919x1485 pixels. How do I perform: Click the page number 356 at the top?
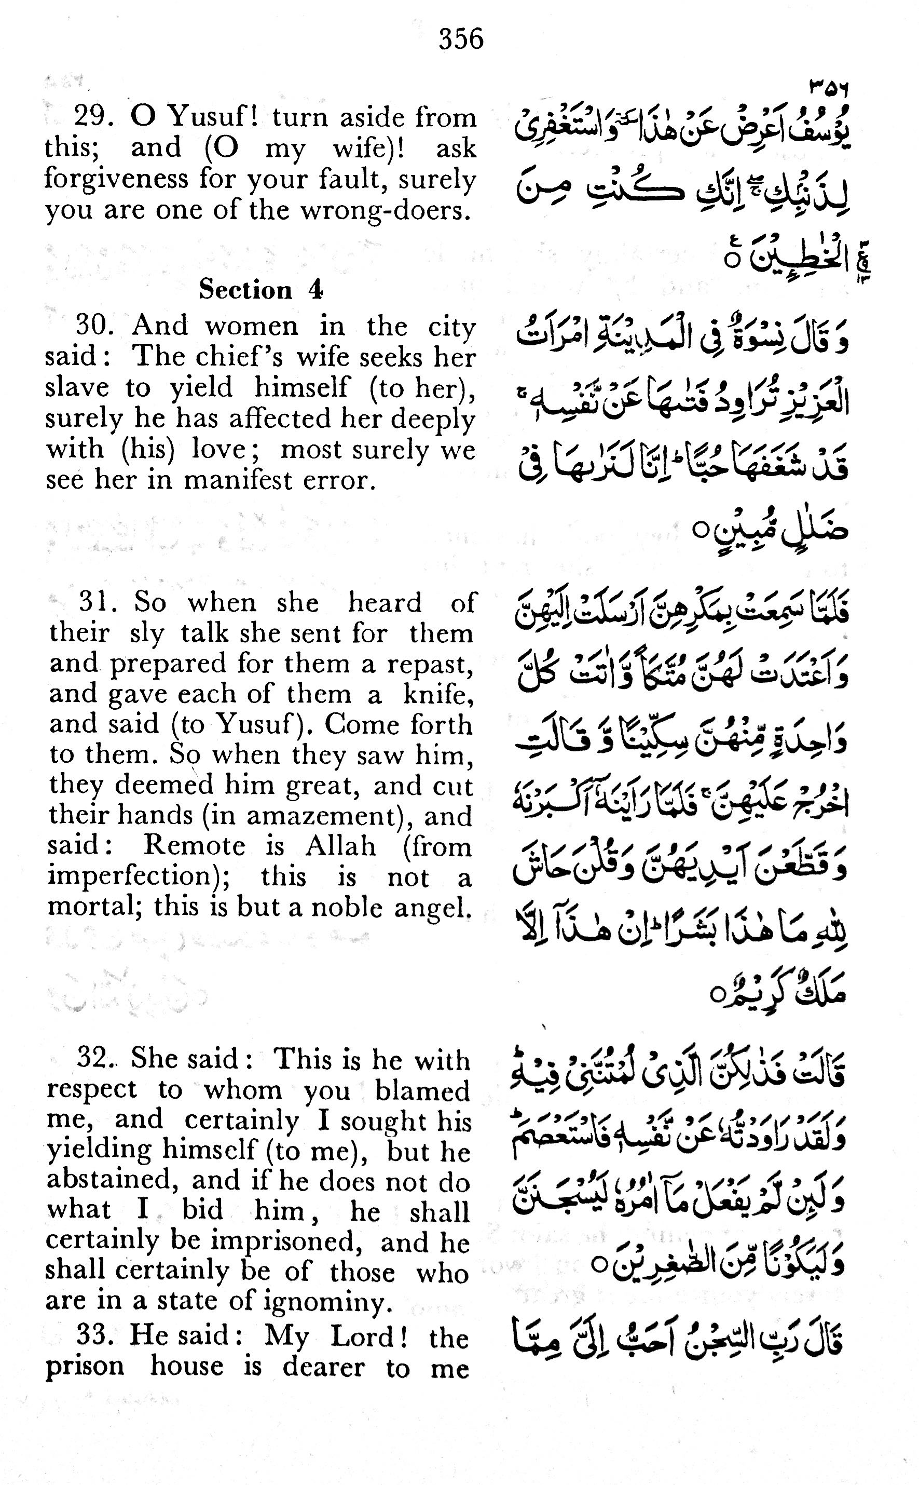coord(461,39)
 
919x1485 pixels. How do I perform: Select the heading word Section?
coord(245,290)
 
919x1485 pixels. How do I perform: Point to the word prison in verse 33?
coord(85,1368)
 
